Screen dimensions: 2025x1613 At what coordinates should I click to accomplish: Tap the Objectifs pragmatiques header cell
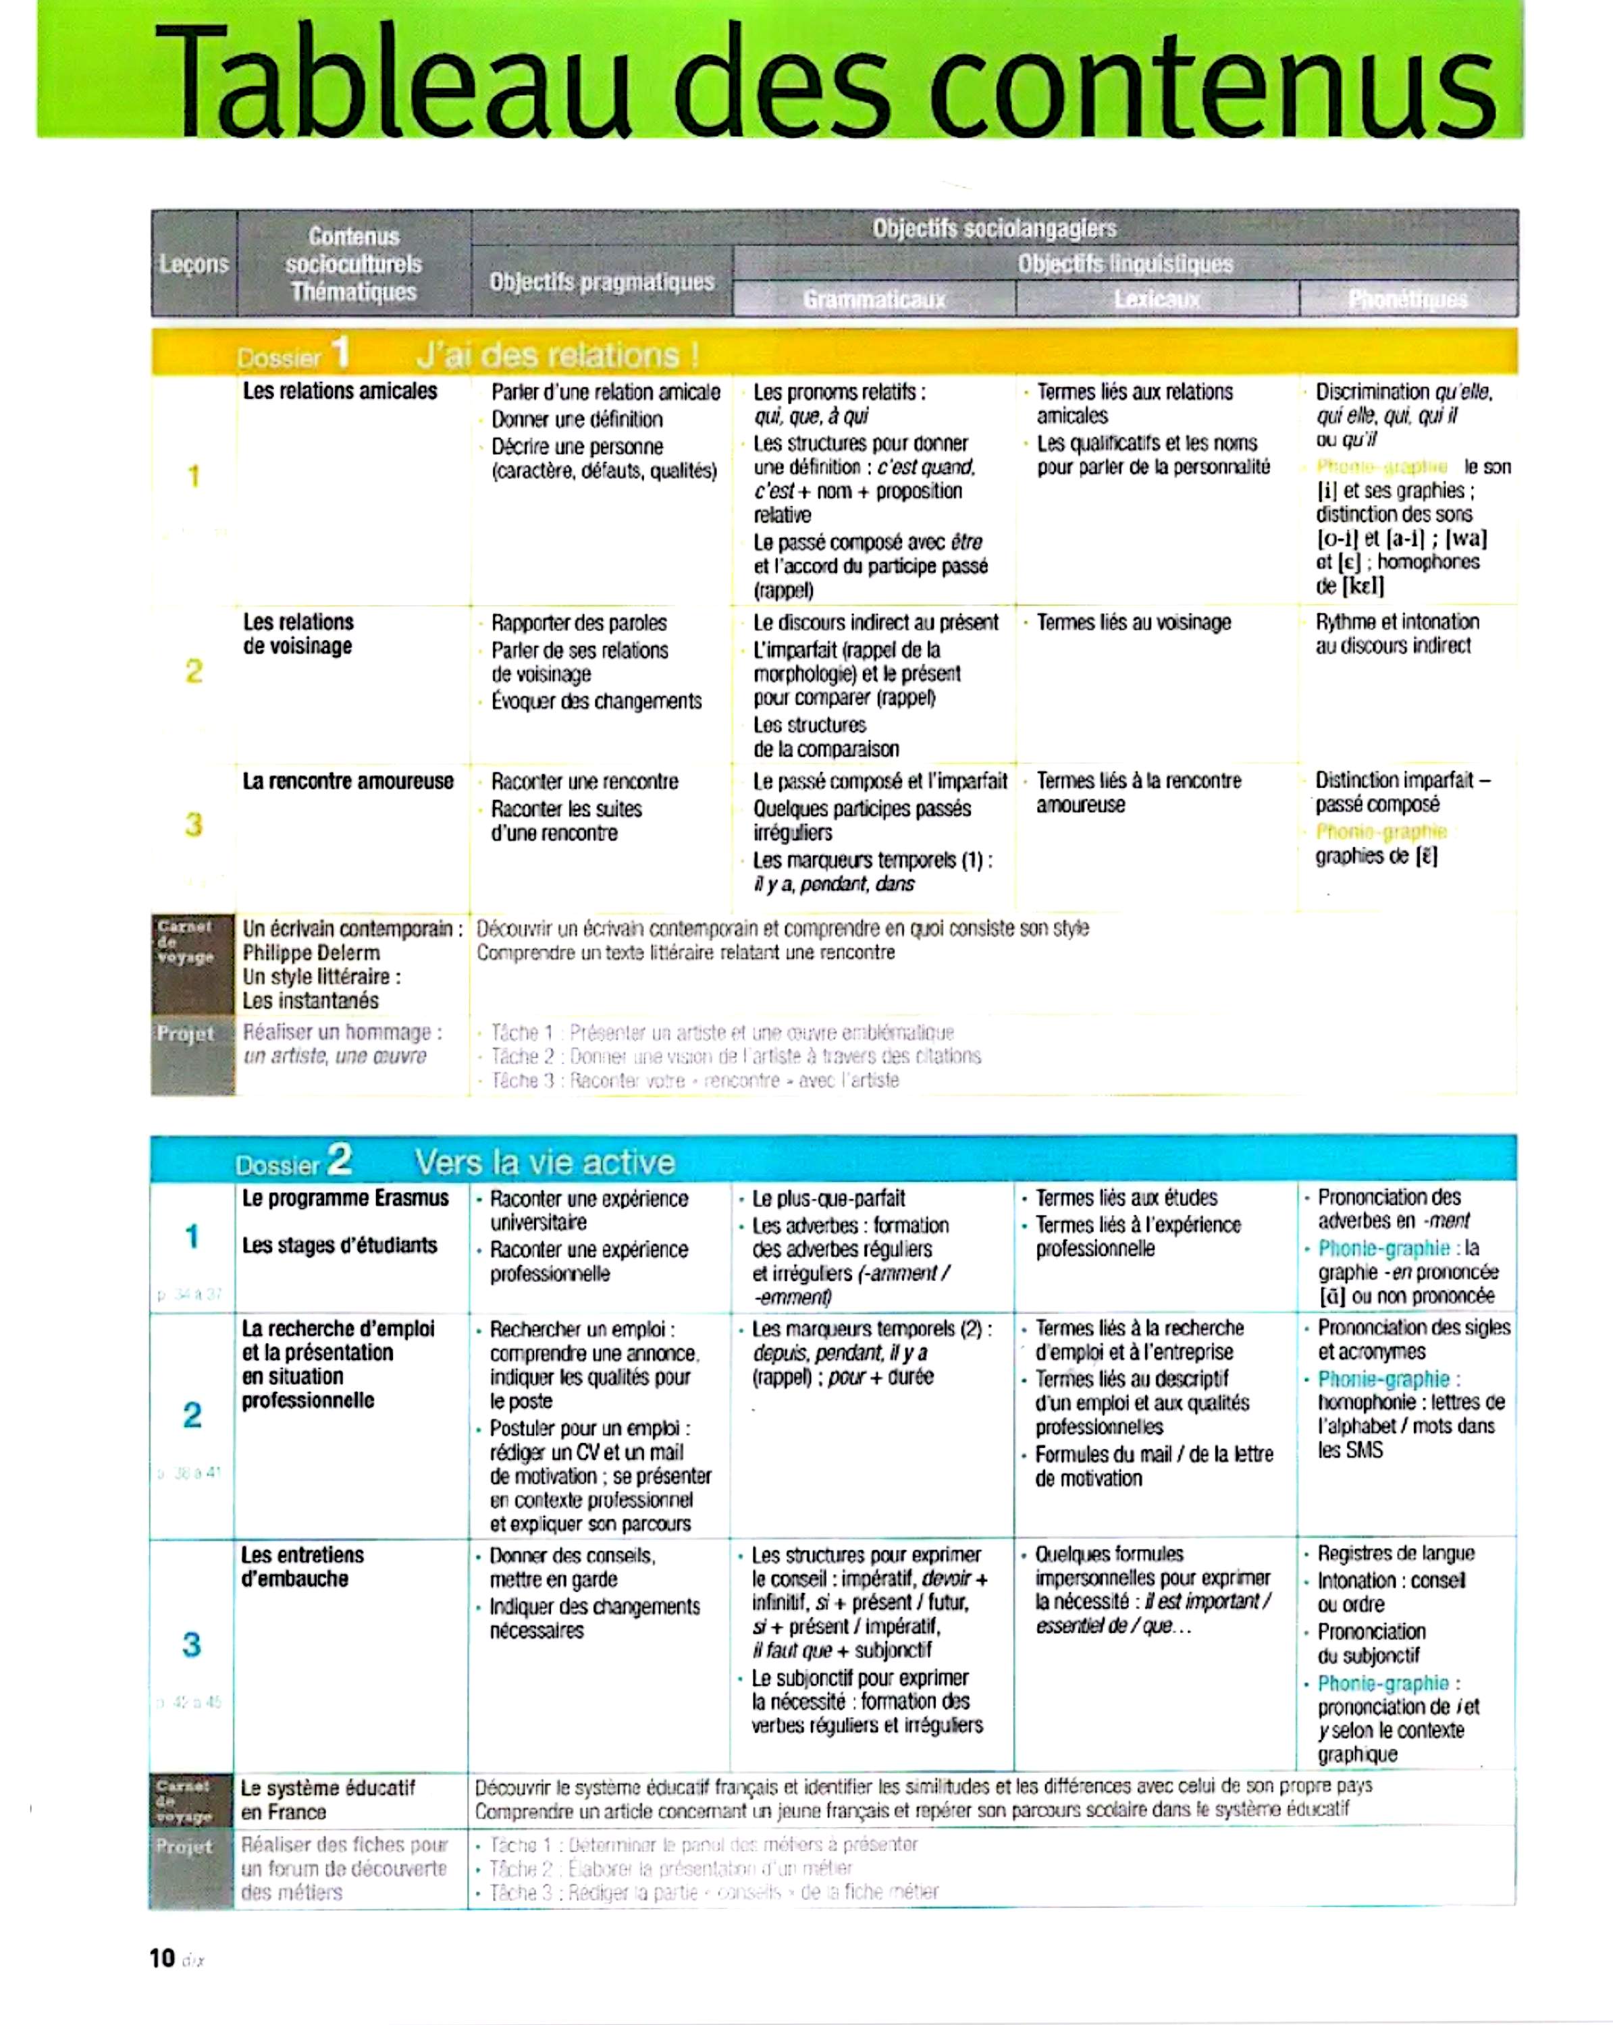pyautogui.click(x=601, y=281)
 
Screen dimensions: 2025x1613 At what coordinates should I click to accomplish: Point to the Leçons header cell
pyautogui.click(x=194, y=264)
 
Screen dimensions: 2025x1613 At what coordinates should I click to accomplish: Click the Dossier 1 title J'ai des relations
pyautogui.click(x=558, y=355)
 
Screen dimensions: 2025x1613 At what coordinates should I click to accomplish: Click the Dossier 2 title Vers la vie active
pyautogui.click(x=545, y=1163)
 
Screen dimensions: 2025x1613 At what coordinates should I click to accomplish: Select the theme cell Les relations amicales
pyautogui.click(x=340, y=391)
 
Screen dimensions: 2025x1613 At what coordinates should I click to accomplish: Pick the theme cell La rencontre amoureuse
pyautogui.click(x=348, y=782)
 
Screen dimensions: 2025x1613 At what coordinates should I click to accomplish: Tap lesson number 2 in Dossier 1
pyautogui.click(x=194, y=671)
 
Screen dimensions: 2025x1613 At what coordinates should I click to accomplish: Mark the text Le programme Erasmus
pyautogui.click(x=345, y=1199)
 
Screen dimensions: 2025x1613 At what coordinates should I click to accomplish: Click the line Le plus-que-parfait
pyautogui.click(x=828, y=1199)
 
